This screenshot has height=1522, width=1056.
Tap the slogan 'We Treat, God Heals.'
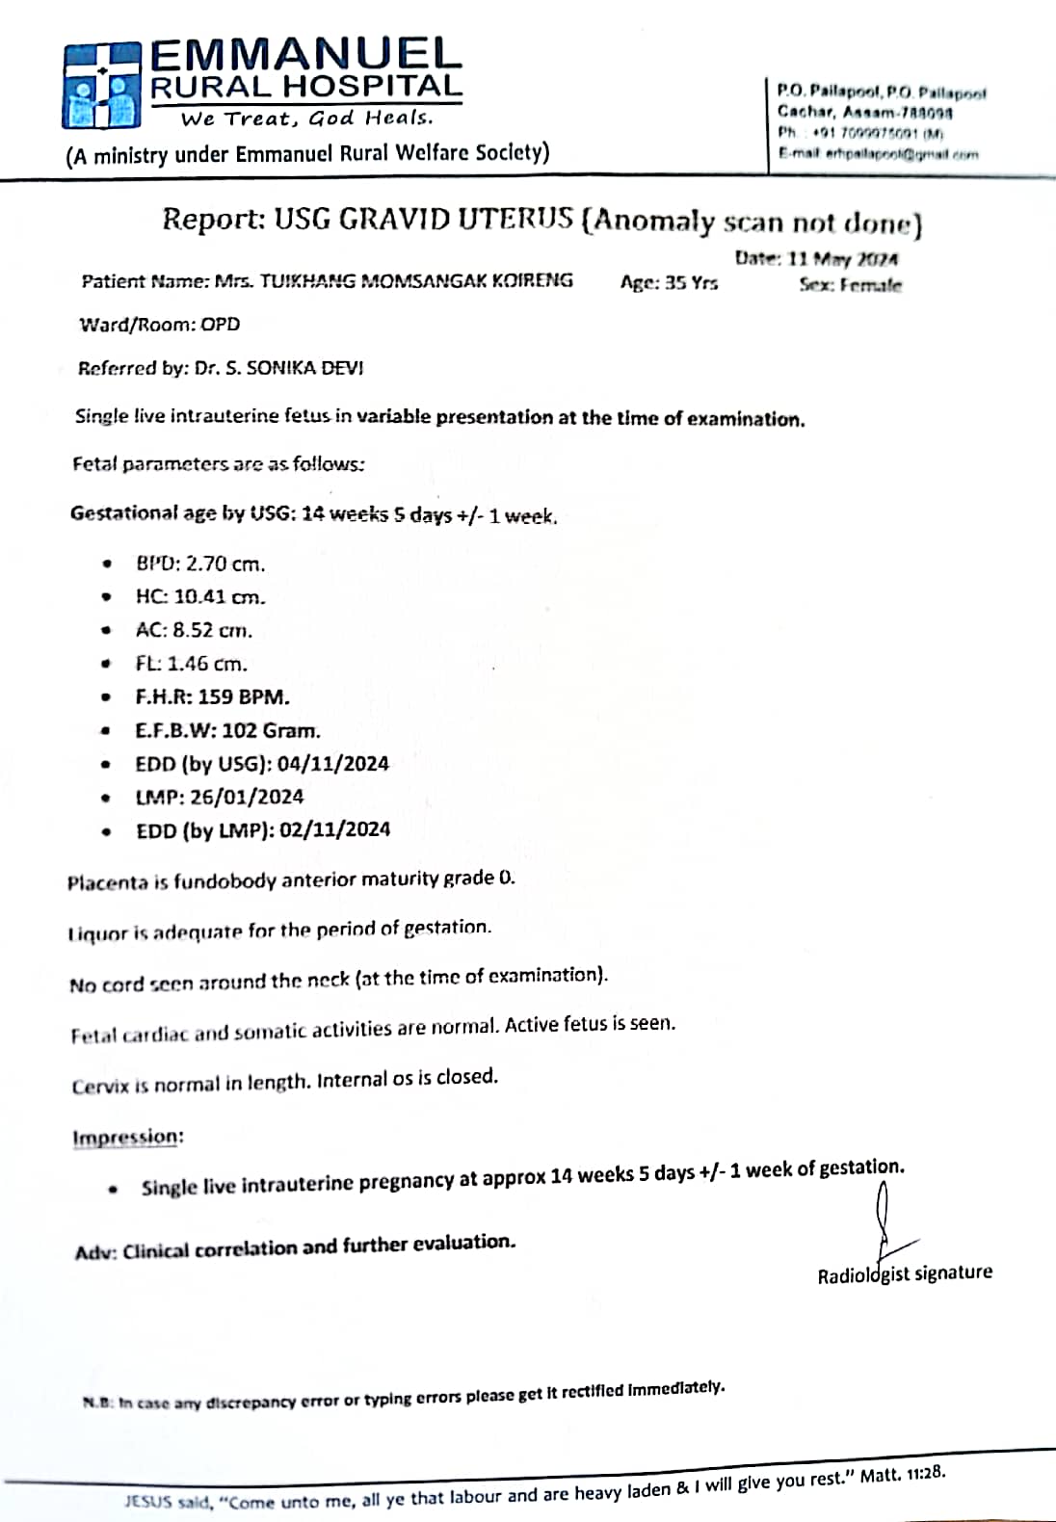pos(306,118)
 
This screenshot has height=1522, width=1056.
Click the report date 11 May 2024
pos(843,258)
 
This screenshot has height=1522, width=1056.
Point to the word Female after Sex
pos(871,285)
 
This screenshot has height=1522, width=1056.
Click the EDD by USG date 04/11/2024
pos(333,764)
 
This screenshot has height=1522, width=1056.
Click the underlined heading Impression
pos(126,1138)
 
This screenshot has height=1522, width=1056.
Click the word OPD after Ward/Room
pos(221,325)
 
